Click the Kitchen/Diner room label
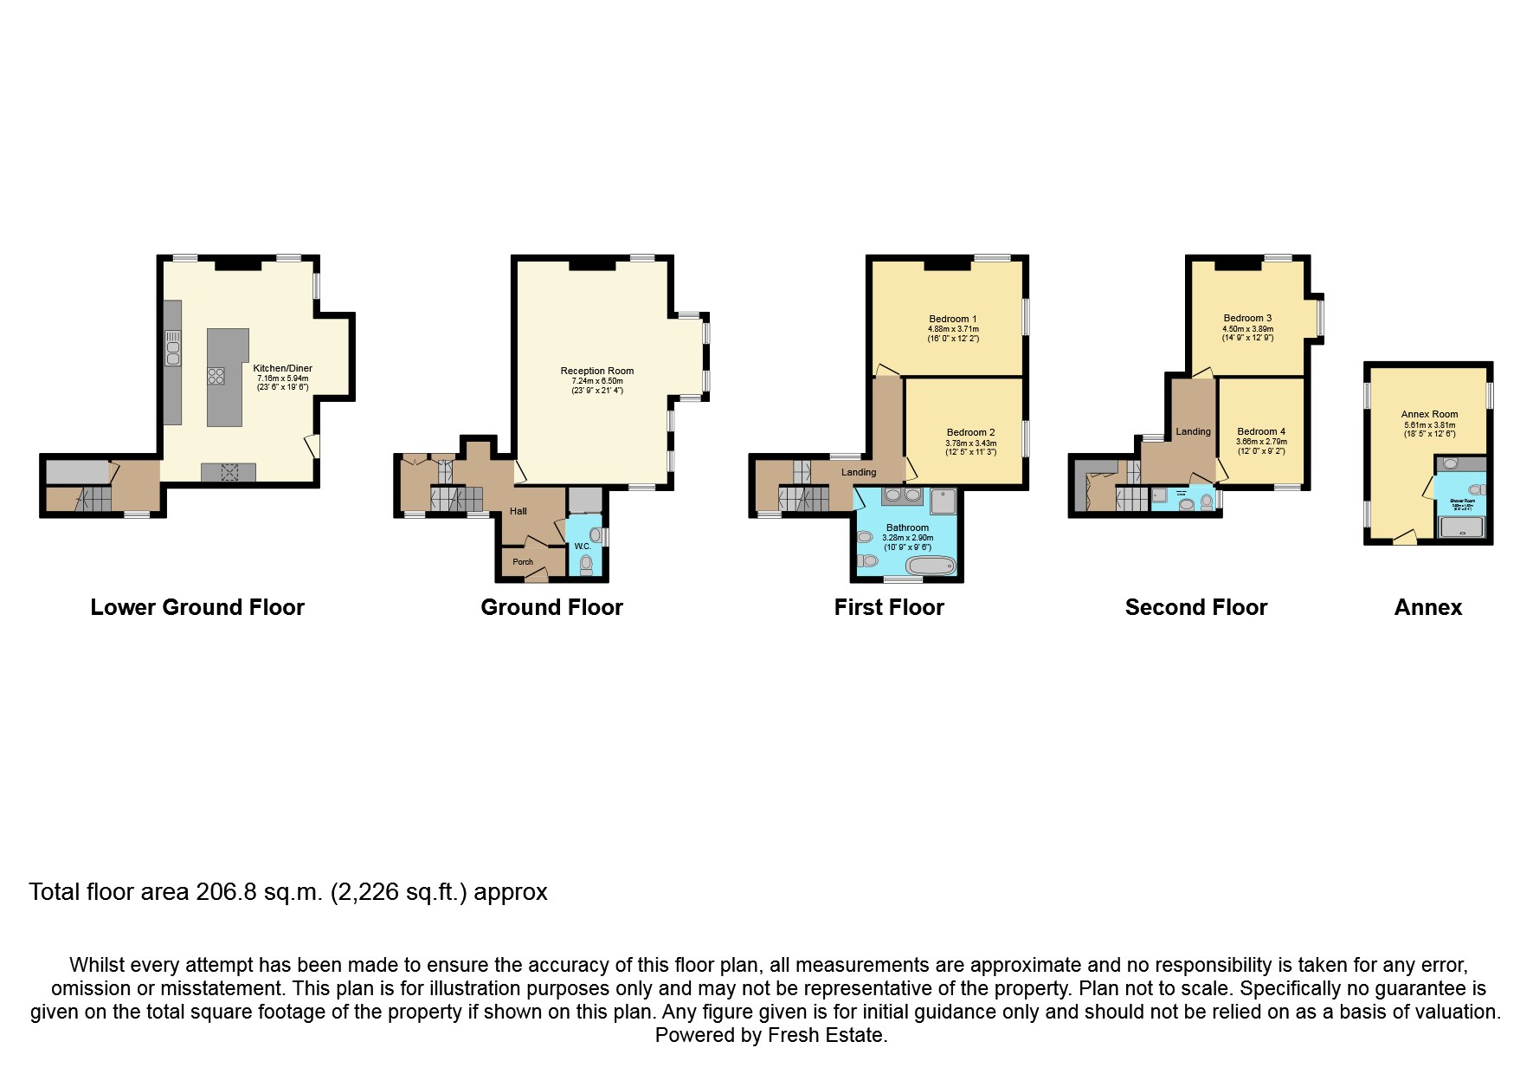(282, 368)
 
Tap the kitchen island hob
(216, 376)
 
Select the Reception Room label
(596, 371)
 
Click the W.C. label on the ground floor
(582, 547)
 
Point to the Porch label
(523, 562)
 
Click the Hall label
(518, 511)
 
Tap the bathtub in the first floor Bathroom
(931, 566)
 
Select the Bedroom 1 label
(952, 319)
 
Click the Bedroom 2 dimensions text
(970, 448)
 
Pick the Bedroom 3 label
(1246, 318)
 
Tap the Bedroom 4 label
(1260, 431)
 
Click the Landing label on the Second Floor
(1192, 431)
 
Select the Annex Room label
(1428, 414)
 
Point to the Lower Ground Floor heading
(197, 607)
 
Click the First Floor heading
(888, 607)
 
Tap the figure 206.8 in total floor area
(227, 892)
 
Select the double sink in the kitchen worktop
(172, 349)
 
